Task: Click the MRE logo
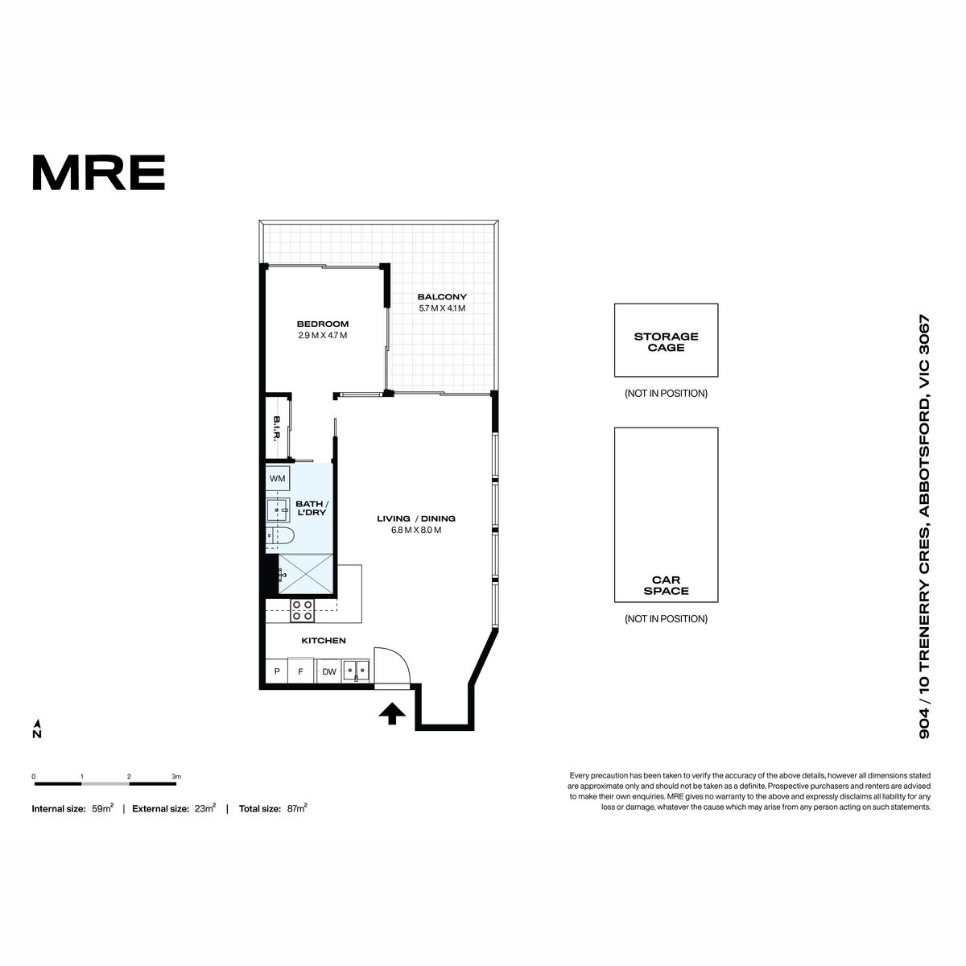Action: pos(99,172)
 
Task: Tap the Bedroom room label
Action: pos(322,324)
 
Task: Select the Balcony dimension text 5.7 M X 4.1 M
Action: pos(442,308)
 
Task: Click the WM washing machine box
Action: pos(277,479)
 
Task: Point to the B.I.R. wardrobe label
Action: pos(276,428)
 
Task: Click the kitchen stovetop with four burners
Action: pos(303,610)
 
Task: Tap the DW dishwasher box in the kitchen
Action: pos(329,671)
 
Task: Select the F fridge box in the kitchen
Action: pos(301,671)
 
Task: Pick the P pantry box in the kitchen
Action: pos(277,671)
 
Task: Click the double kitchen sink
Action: pos(356,671)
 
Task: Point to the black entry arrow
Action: pos(392,714)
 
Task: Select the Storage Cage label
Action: pos(666,342)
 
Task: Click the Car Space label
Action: pos(666,585)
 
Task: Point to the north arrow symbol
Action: pos(37,729)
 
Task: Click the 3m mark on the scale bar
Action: pos(176,777)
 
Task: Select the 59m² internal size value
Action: pos(103,808)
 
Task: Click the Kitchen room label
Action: pos(324,640)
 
